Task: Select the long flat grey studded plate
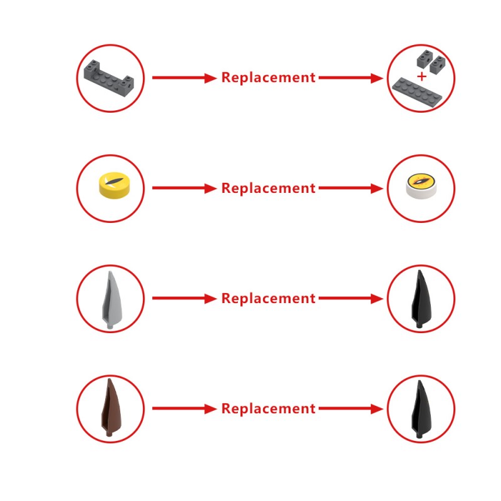tap(417, 92)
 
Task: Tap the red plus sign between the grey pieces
tap(421, 76)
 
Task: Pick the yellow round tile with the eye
tap(115, 186)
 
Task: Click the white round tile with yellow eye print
tap(420, 186)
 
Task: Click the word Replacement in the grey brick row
tap(269, 78)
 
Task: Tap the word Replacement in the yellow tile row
tap(269, 189)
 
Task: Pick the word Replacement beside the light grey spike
tap(269, 299)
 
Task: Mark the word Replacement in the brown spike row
tap(269, 409)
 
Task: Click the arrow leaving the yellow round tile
tap(184, 189)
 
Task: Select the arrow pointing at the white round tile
tap(351, 189)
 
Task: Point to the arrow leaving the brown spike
tap(184, 409)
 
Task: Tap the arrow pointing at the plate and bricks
tap(351, 78)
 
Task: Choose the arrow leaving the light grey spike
tap(184, 299)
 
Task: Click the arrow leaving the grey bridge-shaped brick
tap(184, 78)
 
